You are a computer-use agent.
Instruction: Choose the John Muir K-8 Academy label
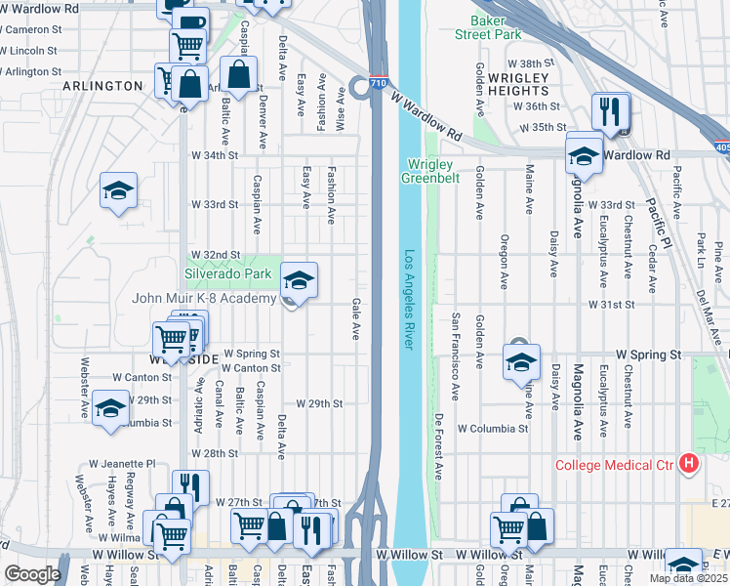click(204, 298)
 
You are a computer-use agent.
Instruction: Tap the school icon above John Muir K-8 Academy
click(299, 280)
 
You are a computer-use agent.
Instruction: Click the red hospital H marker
click(689, 464)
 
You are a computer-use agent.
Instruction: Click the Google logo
click(32, 574)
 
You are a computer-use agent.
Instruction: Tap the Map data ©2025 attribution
click(688, 578)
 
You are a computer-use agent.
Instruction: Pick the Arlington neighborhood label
click(102, 86)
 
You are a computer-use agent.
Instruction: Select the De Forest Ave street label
click(438, 447)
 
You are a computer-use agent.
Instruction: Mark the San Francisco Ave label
click(456, 356)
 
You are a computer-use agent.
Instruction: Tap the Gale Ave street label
click(355, 319)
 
